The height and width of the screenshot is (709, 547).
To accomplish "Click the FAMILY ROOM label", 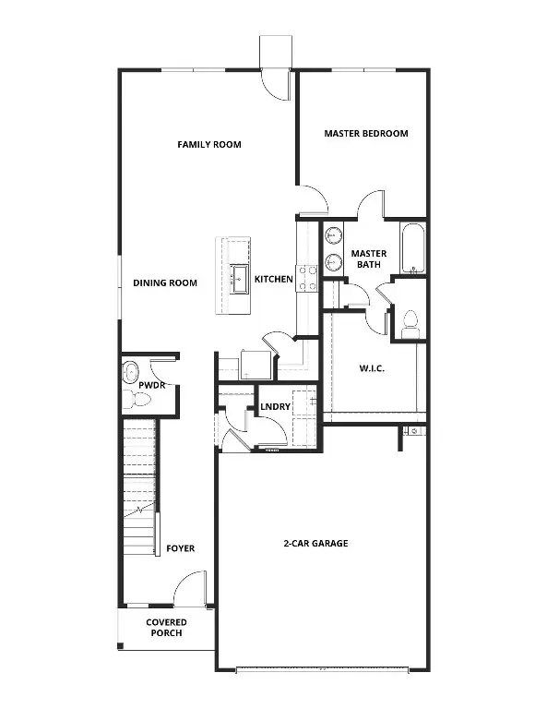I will [209, 145].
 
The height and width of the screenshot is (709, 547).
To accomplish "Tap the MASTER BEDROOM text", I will [365, 134].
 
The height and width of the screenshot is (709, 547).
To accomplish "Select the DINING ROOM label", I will [165, 283].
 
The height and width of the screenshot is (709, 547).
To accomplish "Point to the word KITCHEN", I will [274, 280].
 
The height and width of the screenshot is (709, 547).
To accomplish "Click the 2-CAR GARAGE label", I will [315, 544].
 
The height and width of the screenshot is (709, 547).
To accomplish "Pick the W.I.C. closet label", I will [372, 369].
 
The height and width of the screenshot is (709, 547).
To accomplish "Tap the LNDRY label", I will [276, 406].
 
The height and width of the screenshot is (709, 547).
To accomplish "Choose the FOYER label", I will [180, 548].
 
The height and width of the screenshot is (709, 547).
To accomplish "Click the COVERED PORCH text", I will [166, 628].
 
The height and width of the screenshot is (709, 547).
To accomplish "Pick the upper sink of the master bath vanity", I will [332, 236].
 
